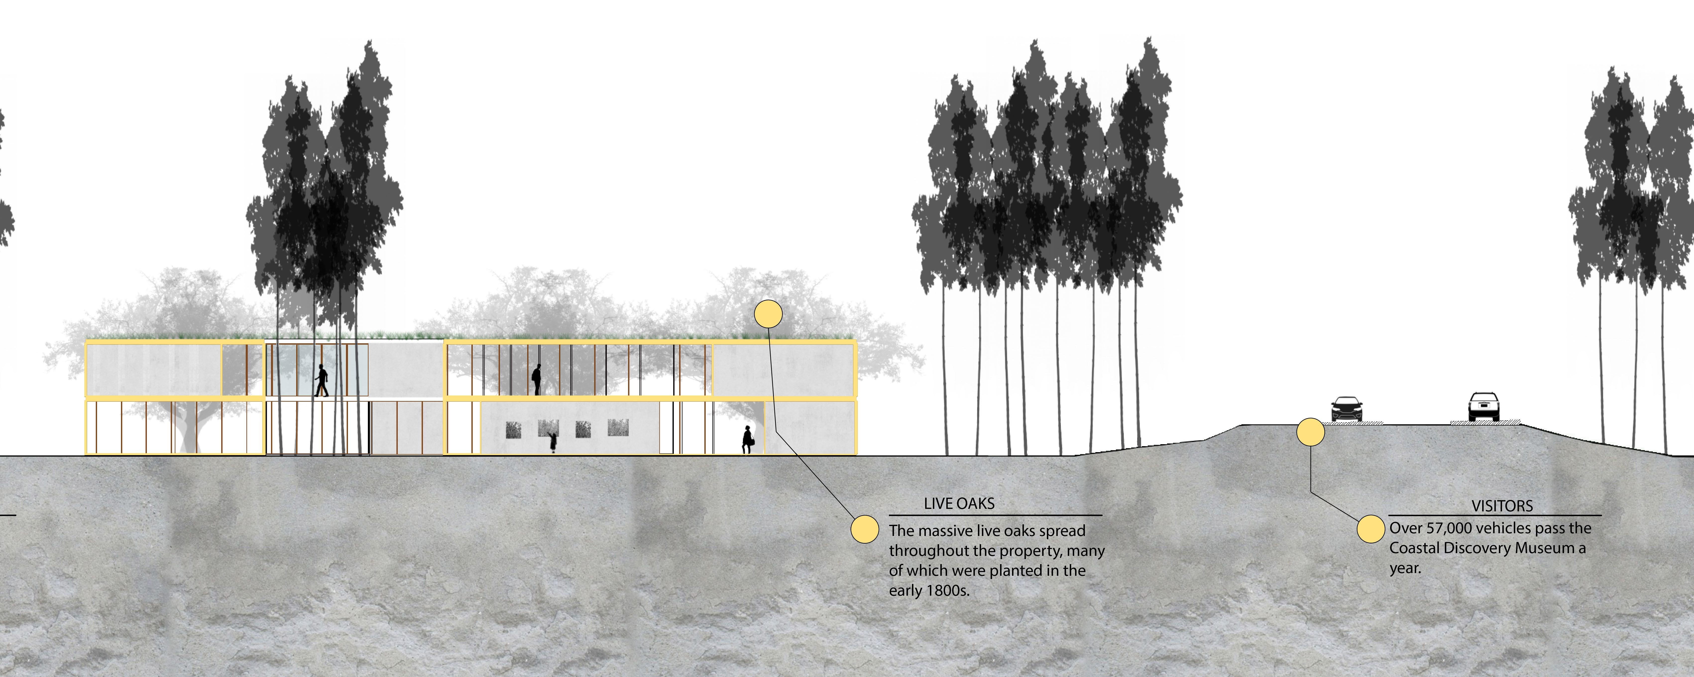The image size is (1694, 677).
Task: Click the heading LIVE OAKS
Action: [x=959, y=503]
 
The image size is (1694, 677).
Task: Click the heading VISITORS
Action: [x=1502, y=506]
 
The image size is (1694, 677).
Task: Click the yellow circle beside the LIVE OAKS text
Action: [x=865, y=529]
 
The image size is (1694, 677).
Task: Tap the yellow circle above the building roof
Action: [x=768, y=314]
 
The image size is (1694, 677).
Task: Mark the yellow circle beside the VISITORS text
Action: [x=1371, y=529]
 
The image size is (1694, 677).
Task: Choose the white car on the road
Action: [x=1484, y=407]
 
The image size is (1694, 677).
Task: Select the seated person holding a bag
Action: [x=748, y=439]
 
